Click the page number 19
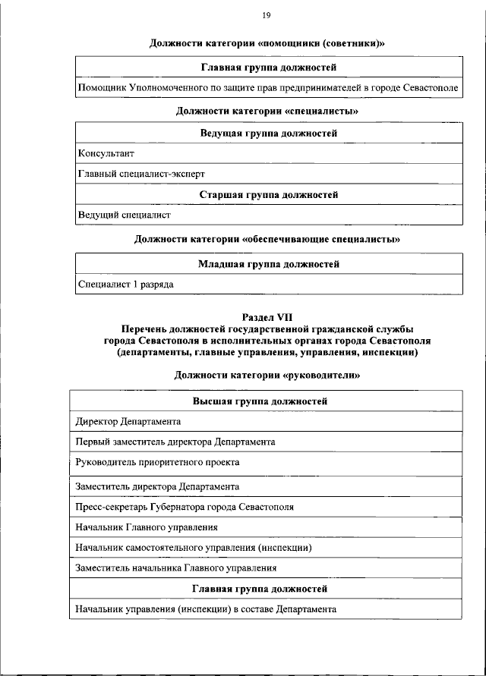click(267, 15)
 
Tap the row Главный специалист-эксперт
click(142, 174)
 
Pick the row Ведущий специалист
click(125, 215)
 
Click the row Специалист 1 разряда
click(126, 285)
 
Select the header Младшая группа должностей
click(269, 265)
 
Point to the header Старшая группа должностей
click(269, 195)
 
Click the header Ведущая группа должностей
click(269, 134)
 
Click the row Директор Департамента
click(128, 421)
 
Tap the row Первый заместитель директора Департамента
click(175, 442)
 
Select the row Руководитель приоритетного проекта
click(157, 462)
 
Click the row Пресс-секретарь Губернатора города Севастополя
click(184, 507)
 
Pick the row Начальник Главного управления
click(147, 527)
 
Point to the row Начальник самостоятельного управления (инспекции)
click(194, 547)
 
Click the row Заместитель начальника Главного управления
click(175, 568)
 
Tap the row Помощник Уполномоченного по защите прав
click(267, 89)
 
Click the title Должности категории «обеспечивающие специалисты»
click(267, 239)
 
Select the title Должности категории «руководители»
click(267, 375)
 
